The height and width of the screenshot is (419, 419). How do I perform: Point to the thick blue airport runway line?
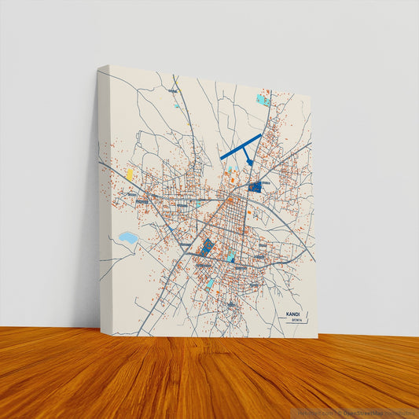pyautogui.click(x=240, y=146)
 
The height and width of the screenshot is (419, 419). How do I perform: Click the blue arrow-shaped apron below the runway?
pyautogui.click(x=249, y=163)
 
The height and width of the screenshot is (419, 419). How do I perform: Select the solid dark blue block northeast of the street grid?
pyautogui.click(x=255, y=186)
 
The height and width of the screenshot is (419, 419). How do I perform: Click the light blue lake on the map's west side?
pyautogui.click(x=127, y=237)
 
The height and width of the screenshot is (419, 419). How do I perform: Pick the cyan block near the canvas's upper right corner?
pyautogui.click(x=263, y=100)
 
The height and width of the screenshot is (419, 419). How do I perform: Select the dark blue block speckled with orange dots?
pyautogui.click(x=207, y=247)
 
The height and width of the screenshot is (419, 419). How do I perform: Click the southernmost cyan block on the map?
pyautogui.click(x=211, y=282)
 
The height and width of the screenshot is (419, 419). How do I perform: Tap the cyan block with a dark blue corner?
pyautogui.click(x=230, y=256)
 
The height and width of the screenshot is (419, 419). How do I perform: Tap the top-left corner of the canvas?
pyautogui.click(x=108, y=66)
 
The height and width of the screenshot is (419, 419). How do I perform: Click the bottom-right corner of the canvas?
pyautogui.click(x=317, y=338)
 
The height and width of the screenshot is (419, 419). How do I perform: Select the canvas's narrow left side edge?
pyautogui.click(x=102, y=197)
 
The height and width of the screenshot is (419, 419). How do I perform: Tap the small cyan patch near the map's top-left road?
pyautogui.click(x=176, y=105)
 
